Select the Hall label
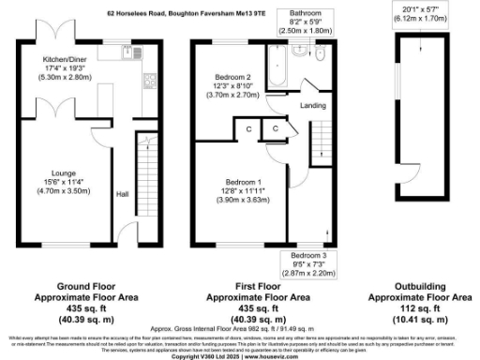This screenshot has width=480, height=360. point(122,194)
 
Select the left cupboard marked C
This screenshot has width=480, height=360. point(250,127)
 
